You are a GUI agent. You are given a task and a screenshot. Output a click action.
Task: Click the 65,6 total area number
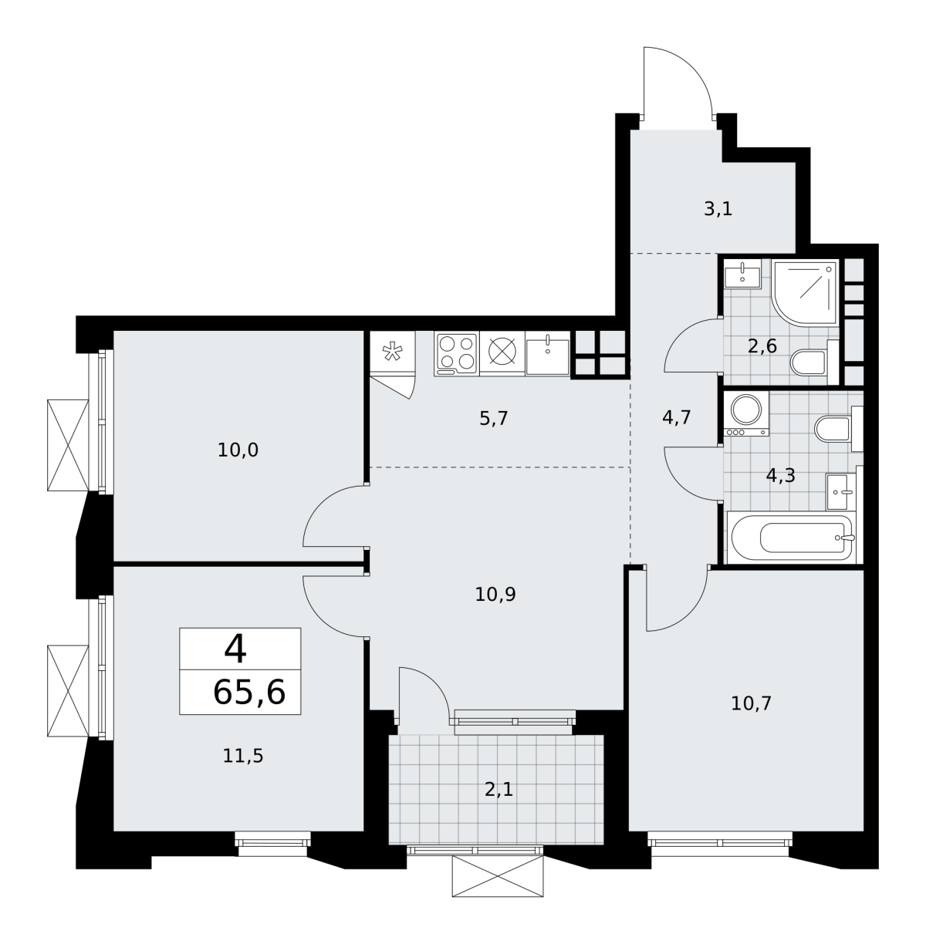[249, 693]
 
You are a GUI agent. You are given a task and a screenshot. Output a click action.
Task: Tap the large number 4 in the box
[235, 649]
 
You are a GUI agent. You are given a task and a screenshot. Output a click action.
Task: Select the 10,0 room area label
[238, 450]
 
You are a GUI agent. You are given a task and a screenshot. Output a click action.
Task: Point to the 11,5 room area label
[242, 756]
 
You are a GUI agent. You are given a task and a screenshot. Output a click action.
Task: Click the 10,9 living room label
[495, 594]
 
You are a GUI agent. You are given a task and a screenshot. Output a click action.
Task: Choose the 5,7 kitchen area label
[494, 418]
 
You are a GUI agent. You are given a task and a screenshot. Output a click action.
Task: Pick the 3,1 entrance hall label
[718, 209]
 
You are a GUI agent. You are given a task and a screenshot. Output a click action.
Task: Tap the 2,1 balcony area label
[498, 790]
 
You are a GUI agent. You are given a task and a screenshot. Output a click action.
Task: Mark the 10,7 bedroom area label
[751, 703]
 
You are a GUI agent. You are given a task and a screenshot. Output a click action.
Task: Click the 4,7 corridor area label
[677, 417]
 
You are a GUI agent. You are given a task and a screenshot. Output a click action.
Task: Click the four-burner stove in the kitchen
[456, 354]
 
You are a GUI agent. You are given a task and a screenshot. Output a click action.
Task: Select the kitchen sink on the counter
[548, 355]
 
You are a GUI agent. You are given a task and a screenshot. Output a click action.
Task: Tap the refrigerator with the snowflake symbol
[392, 351]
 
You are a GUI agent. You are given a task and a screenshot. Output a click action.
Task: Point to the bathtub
[792, 537]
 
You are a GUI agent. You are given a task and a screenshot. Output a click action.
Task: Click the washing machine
[746, 414]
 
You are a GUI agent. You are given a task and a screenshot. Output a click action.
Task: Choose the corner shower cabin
[804, 292]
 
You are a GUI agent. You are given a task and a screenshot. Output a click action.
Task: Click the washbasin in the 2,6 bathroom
[742, 275]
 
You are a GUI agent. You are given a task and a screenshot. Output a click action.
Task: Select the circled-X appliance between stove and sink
[502, 354]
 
